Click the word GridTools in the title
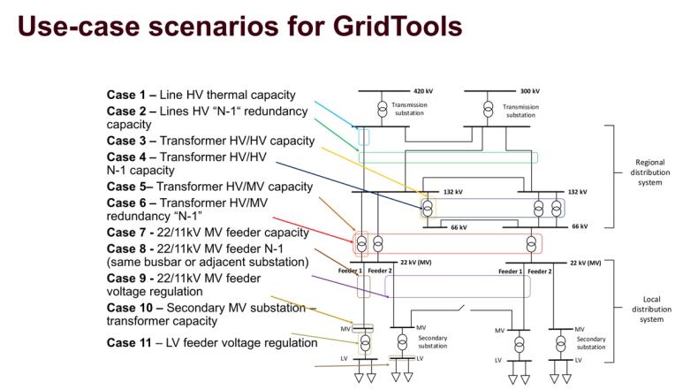pyautogui.click(x=392, y=27)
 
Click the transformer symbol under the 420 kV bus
pyautogui.click(x=382, y=108)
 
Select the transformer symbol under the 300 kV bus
pyautogui.click(x=487, y=108)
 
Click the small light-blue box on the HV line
pyautogui.click(x=363, y=137)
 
